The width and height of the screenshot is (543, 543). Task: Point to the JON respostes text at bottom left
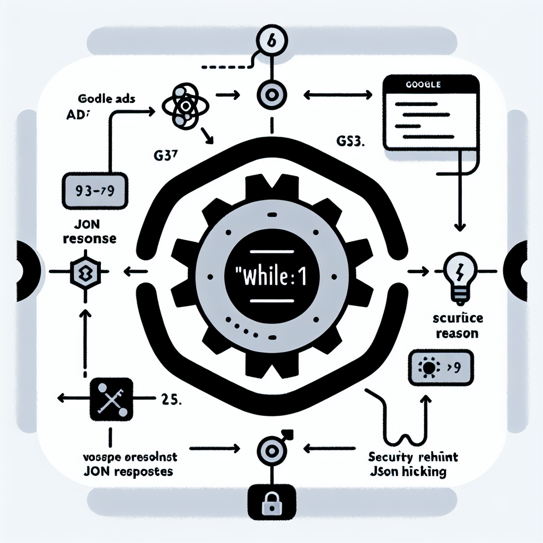click(x=128, y=471)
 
